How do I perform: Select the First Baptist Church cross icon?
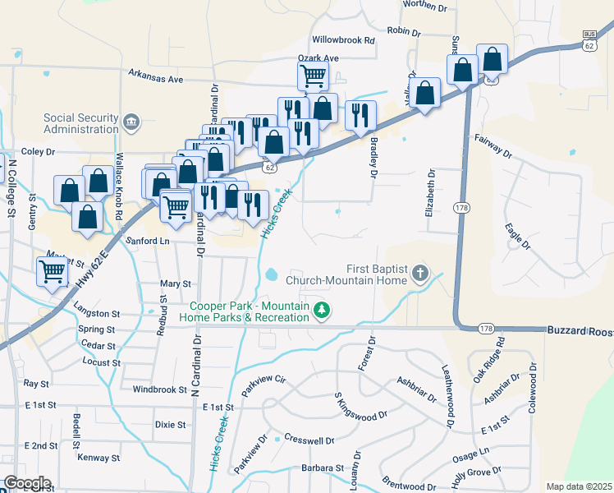click(x=420, y=273)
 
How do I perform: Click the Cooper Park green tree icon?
click(x=323, y=310)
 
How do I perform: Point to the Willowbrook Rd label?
click(x=343, y=39)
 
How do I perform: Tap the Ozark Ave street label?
click(x=318, y=58)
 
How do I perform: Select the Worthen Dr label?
click(x=427, y=7)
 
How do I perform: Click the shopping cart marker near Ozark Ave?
click(x=313, y=76)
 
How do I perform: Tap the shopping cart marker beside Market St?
click(x=53, y=270)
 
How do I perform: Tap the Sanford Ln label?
click(x=148, y=242)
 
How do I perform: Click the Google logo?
click(x=27, y=483)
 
